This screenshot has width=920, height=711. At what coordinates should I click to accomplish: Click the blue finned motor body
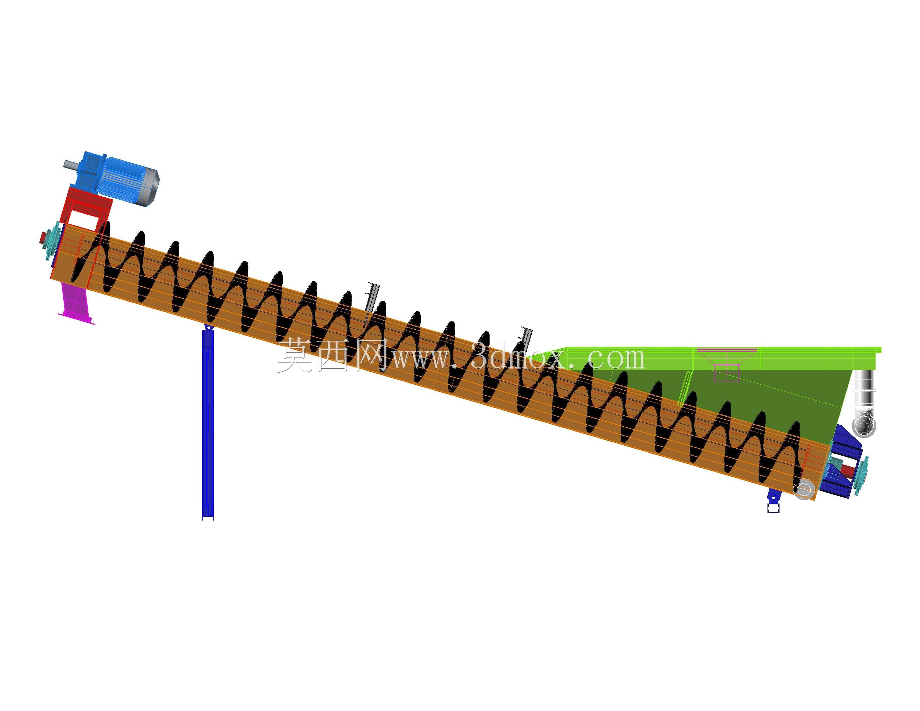122,179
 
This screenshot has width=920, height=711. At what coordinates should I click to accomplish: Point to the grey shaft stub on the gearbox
70,164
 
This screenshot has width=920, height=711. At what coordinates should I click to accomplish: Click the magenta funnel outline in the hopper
727,365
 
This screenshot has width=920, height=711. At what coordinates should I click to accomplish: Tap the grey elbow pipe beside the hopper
864,402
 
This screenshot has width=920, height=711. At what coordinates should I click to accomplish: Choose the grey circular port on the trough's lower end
804,489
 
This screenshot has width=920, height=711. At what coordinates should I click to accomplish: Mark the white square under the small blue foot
773,508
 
